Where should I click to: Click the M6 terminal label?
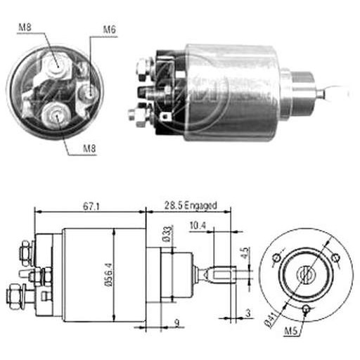click(110, 30)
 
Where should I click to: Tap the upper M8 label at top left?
click(25, 27)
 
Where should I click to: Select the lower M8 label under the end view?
click(89, 148)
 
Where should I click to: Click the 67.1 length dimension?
click(91, 207)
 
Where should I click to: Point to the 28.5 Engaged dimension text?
click(191, 205)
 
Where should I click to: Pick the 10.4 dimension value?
click(198, 226)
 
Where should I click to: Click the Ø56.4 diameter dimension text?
click(108, 275)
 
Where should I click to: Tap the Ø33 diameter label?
click(168, 234)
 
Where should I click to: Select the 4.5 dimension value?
click(245, 253)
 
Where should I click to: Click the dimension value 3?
click(248, 313)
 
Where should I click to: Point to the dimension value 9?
click(177, 323)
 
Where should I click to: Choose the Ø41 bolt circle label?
click(271, 320)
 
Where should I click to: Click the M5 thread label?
click(290, 330)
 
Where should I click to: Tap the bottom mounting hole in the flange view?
click(306, 309)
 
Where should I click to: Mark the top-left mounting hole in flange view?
click(276, 258)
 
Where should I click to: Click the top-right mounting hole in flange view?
click(335, 258)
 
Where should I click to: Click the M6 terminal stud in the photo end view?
click(89, 93)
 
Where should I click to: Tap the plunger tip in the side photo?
click(321, 94)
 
